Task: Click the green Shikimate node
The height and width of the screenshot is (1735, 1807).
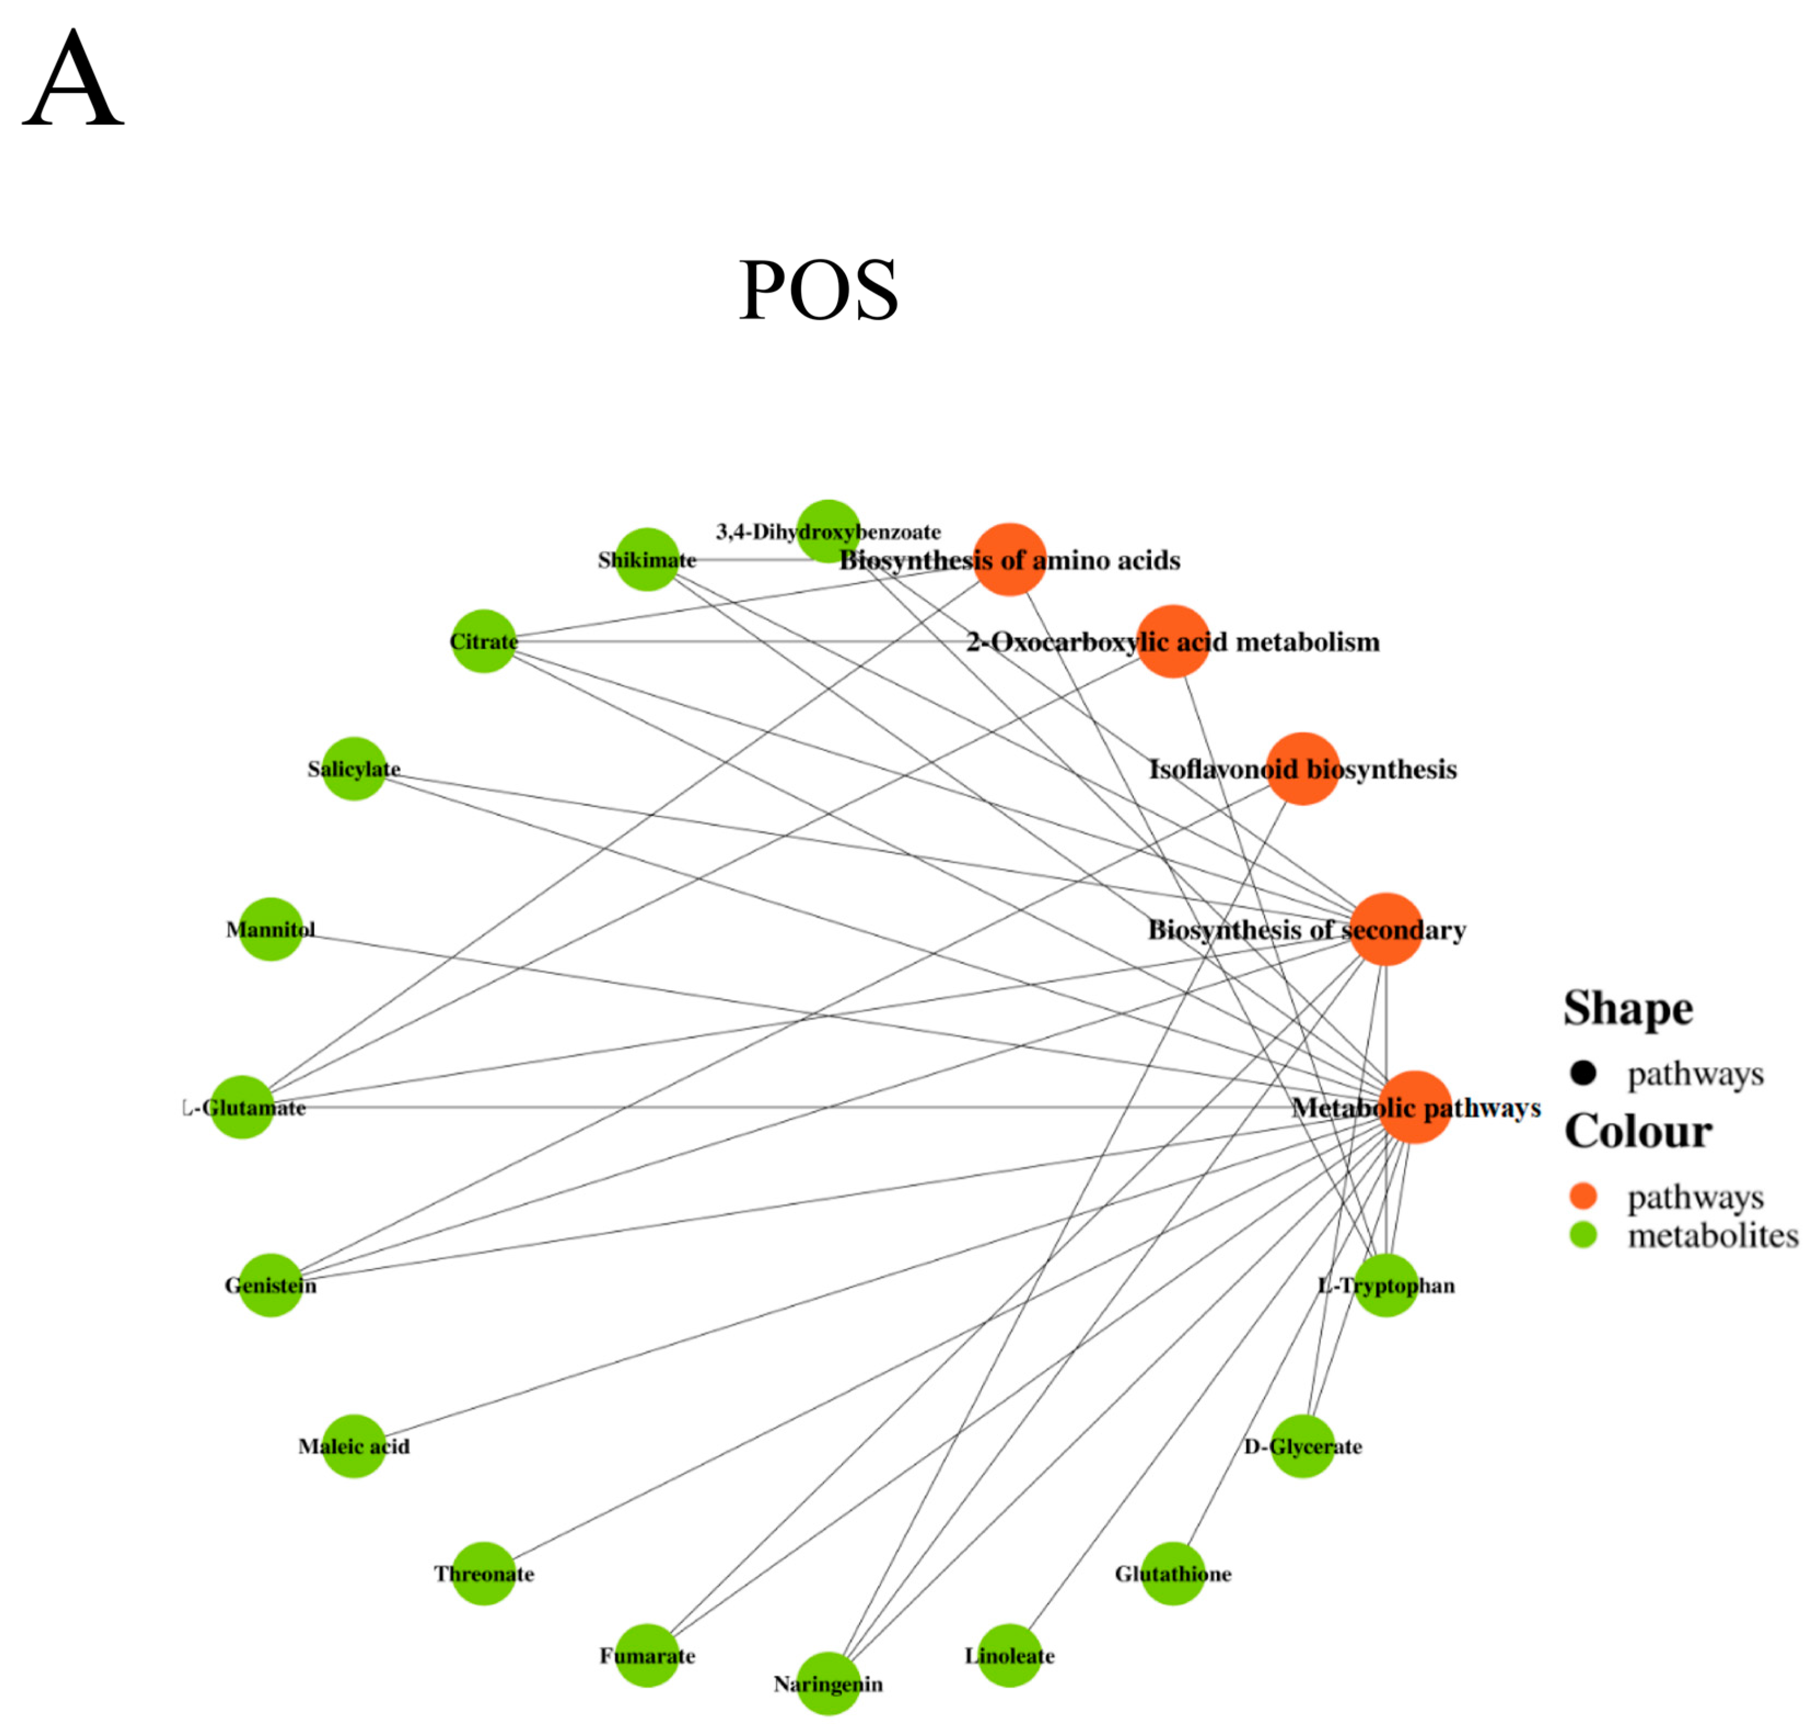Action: click(x=646, y=559)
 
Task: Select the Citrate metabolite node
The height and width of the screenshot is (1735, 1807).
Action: click(x=483, y=641)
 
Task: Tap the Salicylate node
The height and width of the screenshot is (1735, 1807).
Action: click(x=354, y=769)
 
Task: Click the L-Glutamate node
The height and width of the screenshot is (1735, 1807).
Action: click(x=242, y=1107)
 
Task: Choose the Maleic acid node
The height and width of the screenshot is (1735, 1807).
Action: click(x=354, y=1446)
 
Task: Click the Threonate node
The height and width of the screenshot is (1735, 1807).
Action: click(x=483, y=1574)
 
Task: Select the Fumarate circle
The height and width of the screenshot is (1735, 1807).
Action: click(x=646, y=1656)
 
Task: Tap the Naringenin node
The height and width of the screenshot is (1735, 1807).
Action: click(x=828, y=1684)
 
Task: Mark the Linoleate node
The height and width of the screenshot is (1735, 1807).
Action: click(x=1010, y=1656)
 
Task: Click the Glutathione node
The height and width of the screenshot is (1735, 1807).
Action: click(x=1173, y=1574)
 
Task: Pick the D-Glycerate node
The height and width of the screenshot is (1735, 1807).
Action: click(x=1303, y=1446)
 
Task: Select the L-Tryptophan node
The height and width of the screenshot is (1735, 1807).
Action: click(x=1386, y=1285)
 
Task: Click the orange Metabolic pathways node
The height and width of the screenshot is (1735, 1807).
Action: click(x=1415, y=1107)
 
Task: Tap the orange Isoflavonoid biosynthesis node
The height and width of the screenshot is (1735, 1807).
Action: click(x=1303, y=769)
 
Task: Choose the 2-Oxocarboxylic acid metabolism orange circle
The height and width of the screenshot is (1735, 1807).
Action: click(x=1173, y=641)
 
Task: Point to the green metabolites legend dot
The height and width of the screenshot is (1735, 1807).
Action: click(x=1583, y=1235)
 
